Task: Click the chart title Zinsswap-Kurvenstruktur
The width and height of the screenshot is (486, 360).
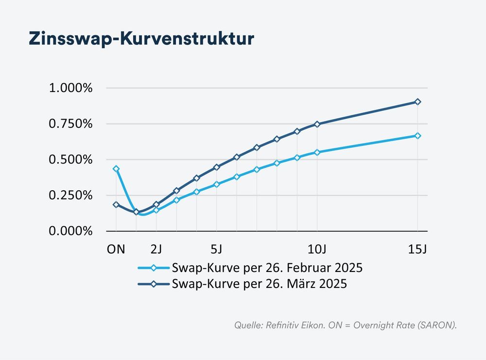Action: (141, 38)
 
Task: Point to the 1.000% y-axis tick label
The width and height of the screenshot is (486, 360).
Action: (70, 88)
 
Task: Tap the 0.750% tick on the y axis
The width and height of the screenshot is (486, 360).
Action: (70, 124)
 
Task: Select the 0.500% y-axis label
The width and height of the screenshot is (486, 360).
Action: (70, 160)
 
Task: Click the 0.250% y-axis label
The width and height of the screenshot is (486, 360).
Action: (70, 195)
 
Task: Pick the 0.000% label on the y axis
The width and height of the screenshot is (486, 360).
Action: (70, 231)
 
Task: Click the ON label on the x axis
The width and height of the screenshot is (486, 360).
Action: (116, 249)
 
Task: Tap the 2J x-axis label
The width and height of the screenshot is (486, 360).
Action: (156, 249)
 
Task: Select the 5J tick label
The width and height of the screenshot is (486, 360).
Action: (217, 249)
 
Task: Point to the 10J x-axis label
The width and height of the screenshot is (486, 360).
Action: (317, 249)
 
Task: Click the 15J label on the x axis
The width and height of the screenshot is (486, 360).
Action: (417, 249)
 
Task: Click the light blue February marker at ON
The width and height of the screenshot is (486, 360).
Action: (116, 169)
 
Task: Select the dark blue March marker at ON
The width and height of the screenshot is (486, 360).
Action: (116, 205)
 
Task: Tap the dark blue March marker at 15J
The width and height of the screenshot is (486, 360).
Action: (417, 102)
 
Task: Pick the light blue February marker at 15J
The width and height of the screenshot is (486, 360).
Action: (417, 136)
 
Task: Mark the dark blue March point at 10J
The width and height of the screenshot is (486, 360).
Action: (317, 124)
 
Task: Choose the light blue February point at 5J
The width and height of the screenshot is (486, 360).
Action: (217, 184)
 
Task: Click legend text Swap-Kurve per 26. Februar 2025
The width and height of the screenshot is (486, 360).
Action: (267, 268)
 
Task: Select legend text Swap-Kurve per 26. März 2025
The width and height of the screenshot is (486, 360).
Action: (260, 284)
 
